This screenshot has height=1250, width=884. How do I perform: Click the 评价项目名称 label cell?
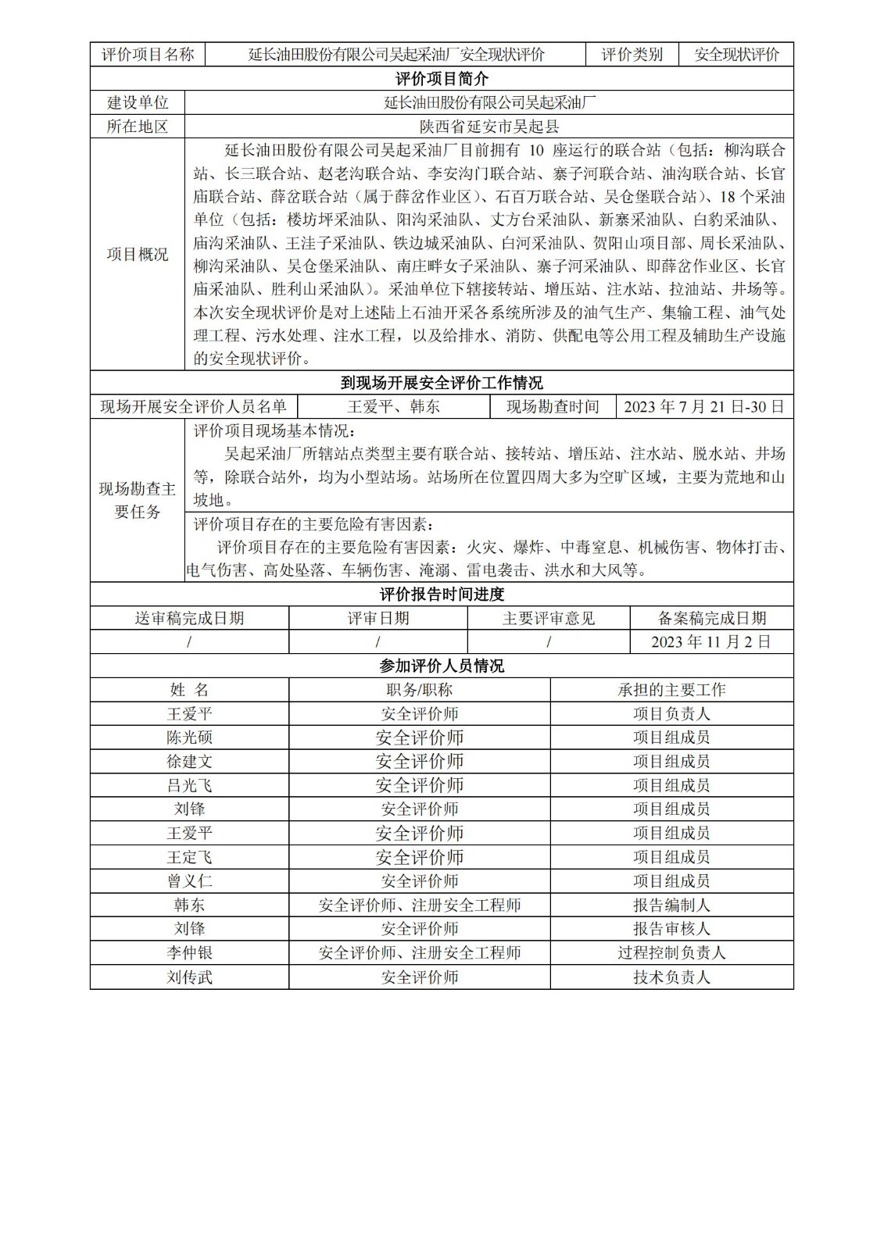(x=148, y=55)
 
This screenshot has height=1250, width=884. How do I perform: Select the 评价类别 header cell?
(x=632, y=55)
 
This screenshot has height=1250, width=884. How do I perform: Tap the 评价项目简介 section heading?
(x=442, y=79)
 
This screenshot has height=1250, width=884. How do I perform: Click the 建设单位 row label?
(x=138, y=102)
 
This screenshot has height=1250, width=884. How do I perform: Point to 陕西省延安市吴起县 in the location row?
(x=489, y=127)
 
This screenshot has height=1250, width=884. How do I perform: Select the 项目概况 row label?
(x=138, y=254)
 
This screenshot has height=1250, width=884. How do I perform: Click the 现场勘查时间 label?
(x=553, y=406)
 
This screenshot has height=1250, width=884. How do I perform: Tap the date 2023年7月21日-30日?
(x=704, y=406)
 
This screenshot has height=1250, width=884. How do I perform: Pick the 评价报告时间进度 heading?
(x=442, y=594)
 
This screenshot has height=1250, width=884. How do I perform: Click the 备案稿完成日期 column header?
(x=711, y=618)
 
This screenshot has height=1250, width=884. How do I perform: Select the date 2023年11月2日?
(x=711, y=641)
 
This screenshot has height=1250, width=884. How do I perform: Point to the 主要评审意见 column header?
(x=549, y=618)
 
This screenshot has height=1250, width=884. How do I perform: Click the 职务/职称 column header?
(x=420, y=690)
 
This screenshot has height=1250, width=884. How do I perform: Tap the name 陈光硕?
(x=189, y=737)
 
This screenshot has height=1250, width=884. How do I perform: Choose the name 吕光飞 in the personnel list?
(x=189, y=785)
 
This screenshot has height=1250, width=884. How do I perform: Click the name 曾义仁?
(x=189, y=881)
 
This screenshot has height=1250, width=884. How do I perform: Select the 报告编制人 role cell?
(x=671, y=905)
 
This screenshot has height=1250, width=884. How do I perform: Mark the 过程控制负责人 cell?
(x=671, y=952)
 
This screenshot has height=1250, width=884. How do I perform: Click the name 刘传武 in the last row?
(x=189, y=977)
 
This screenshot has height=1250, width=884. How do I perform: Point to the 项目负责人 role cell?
(x=671, y=713)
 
